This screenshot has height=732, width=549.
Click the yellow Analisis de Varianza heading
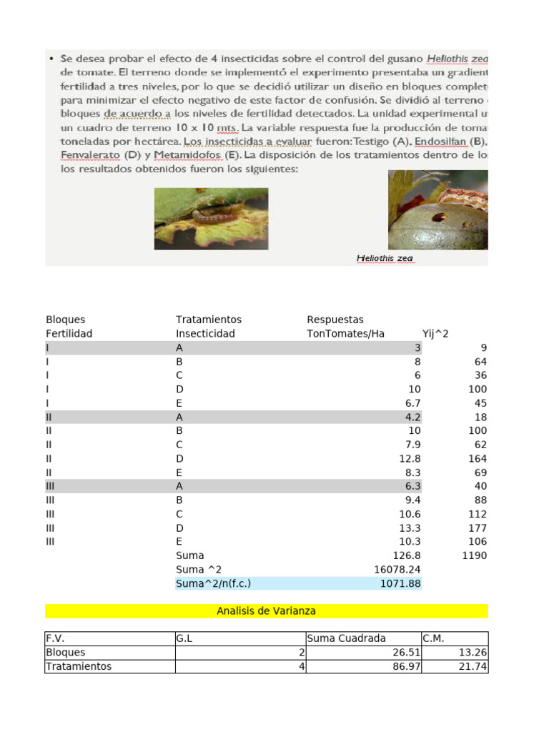coord(266,611)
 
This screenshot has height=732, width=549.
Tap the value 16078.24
coord(397,570)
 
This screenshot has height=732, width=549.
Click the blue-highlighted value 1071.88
coord(401,584)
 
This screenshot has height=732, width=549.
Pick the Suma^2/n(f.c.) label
coord(213,584)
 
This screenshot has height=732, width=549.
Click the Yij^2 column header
coord(435,334)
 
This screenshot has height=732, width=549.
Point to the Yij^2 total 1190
coord(474,555)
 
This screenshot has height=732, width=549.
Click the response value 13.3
coord(410,528)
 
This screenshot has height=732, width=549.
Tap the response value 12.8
coord(410,458)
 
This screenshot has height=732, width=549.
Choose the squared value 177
coord(478,528)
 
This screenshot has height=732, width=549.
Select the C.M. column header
coord(434,638)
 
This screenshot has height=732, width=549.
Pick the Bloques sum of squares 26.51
coord(407,653)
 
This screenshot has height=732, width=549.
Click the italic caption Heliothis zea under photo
coord(385,259)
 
